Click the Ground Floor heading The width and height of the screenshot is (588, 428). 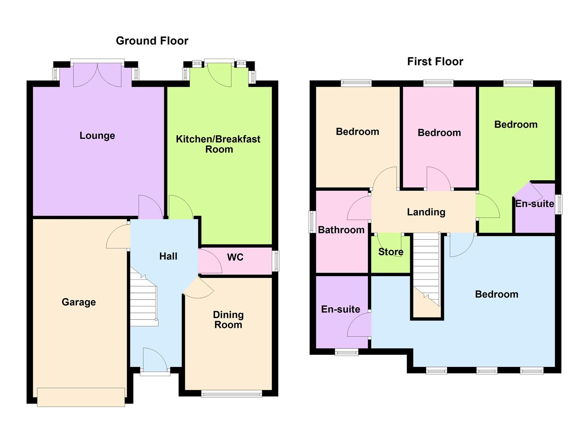click(x=152, y=41)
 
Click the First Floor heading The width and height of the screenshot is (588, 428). click(x=435, y=61)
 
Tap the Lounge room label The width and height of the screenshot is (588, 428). click(x=97, y=136)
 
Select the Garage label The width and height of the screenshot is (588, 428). click(x=78, y=302)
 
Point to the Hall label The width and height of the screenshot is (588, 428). click(x=168, y=256)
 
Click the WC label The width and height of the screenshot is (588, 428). click(x=235, y=257)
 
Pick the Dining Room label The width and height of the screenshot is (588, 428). click(x=228, y=320)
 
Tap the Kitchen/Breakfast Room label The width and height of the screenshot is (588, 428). click(x=218, y=144)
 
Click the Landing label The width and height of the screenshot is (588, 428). click(x=426, y=212)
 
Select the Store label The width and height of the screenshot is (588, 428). click(x=390, y=252)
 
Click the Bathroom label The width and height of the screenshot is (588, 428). click(x=341, y=230)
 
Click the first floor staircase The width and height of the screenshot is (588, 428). click(x=426, y=269)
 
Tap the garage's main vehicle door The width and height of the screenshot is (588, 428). click(x=81, y=397)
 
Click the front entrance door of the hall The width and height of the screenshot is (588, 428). click(x=155, y=361)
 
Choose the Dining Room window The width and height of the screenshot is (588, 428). click(x=231, y=394)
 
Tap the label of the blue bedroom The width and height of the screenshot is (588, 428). click(x=496, y=294)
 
